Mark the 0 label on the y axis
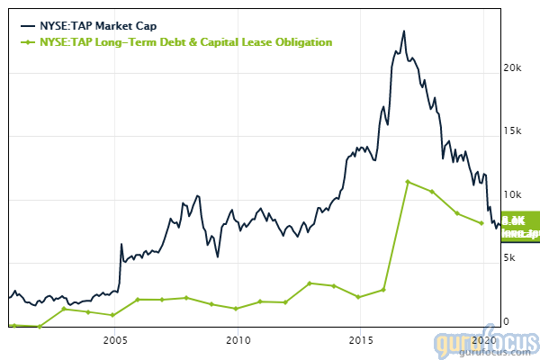506,321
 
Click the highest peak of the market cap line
404,31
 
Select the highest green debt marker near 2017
408,182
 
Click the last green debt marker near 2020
481,223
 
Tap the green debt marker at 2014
334,286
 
